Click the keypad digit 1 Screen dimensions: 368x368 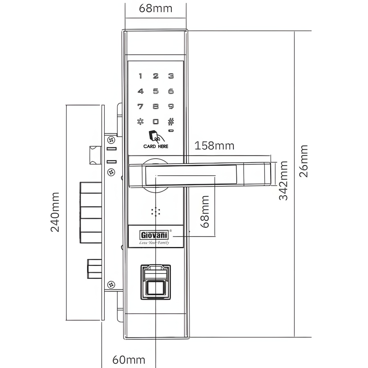pos(140,76)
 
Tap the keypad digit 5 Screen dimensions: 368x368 pos(156,91)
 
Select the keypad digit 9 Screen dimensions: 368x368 pos(171,106)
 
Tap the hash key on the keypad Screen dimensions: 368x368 pos(171,121)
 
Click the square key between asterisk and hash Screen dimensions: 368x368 pos(156,121)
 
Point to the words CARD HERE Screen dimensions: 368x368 pos(156,146)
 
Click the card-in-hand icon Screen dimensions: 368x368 pos(156,136)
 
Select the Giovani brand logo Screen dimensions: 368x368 pos(154,235)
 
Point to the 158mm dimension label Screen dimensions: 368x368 pos(215,146)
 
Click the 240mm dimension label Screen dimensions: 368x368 pos(55,212)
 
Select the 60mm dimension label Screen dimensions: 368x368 pos(129,360)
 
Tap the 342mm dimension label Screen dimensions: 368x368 pos(283,180)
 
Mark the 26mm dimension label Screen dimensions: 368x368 pos(304,161)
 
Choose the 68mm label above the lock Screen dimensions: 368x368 pos(156,9)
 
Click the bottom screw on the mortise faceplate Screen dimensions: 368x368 pos(111,285)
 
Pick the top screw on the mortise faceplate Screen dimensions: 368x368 pos(111,140)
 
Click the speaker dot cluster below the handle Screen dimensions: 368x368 pos(156,212)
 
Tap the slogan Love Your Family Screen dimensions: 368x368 pos(154,242)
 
